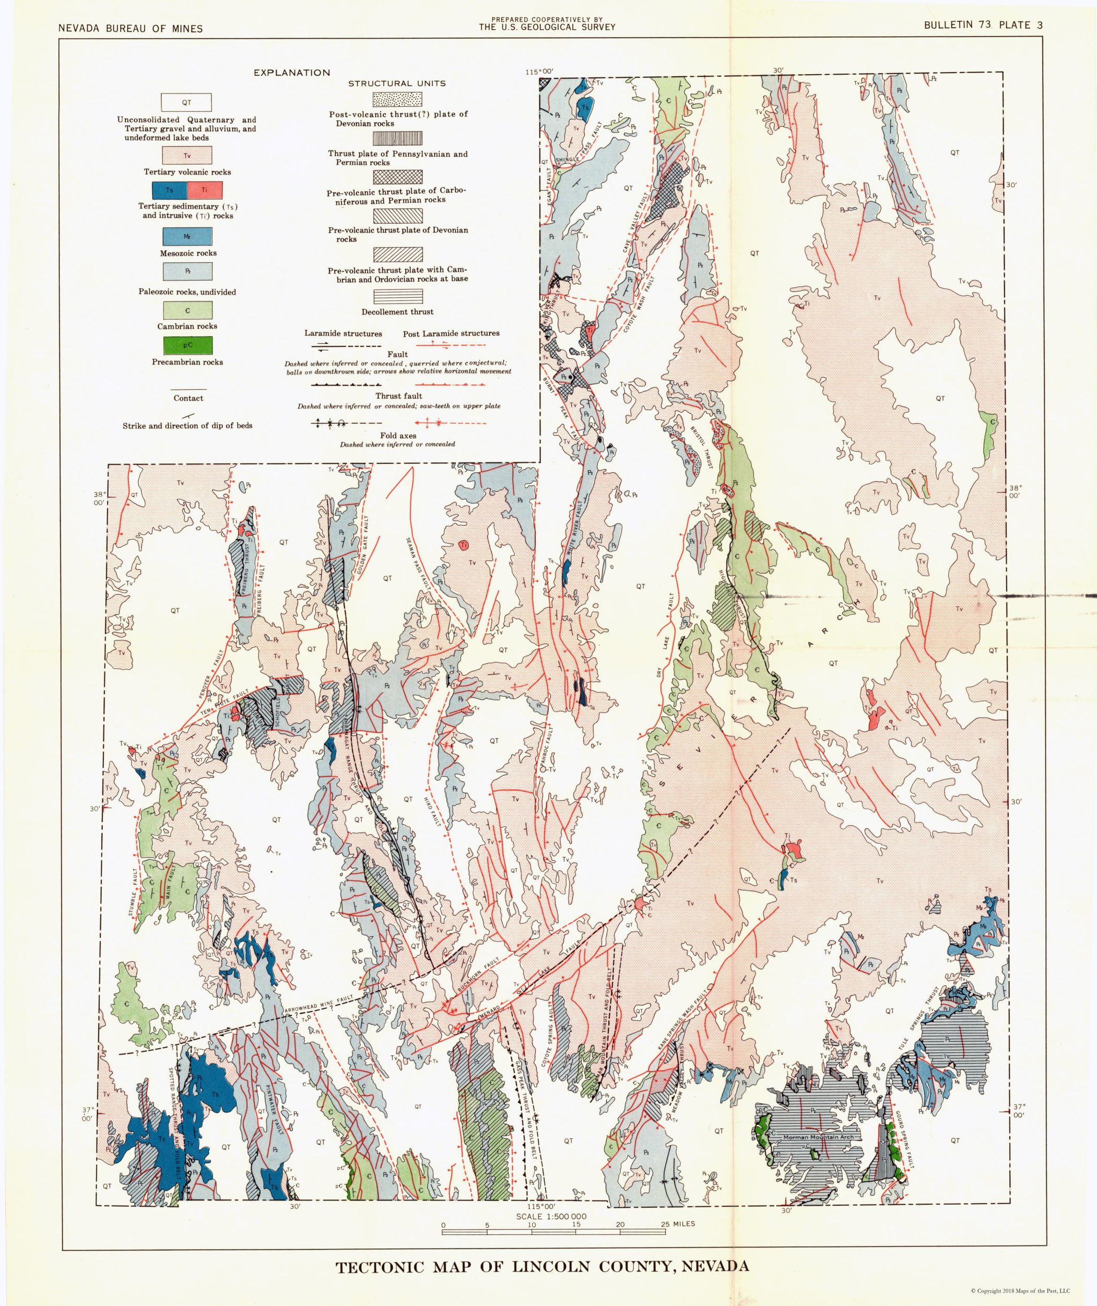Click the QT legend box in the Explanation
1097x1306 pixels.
(x=186, y=102)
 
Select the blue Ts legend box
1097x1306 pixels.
(x=169, y=190)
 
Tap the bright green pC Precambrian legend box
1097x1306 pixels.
(x=187, y=345)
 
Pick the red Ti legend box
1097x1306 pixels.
(x=205, y=190)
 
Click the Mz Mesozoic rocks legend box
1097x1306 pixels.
(x=187, y=237)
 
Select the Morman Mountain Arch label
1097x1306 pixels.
(x=818, y=1137)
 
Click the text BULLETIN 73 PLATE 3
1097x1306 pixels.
(x=983, y=26)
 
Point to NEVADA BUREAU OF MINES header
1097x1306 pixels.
(x=130, y=28)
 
